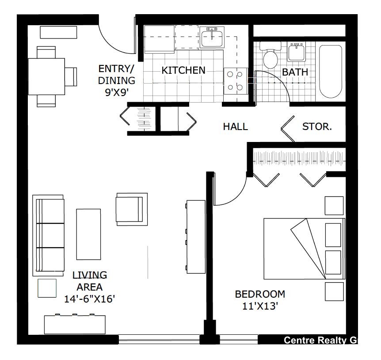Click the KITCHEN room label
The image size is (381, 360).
(x=183, y=70)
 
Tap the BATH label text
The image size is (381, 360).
(x=295, y=72)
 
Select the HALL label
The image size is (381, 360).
(x=235, y=127)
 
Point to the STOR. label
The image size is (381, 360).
(x=317, y=127)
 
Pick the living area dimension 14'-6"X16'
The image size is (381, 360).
(x=90, y=299)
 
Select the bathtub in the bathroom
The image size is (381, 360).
(x=331, y=71)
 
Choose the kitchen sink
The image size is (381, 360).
(x=212, y=38)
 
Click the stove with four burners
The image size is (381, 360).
(x=234, y=81)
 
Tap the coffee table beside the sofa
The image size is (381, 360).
(x=89, y=234)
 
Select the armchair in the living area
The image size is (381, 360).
(x=130, y=209)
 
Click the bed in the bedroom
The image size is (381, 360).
(x=303, y=249)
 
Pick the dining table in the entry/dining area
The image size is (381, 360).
(x=46, y=76)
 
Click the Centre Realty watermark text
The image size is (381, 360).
(x=320, y=340)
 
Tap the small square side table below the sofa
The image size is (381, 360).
(x=47, y=288)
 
